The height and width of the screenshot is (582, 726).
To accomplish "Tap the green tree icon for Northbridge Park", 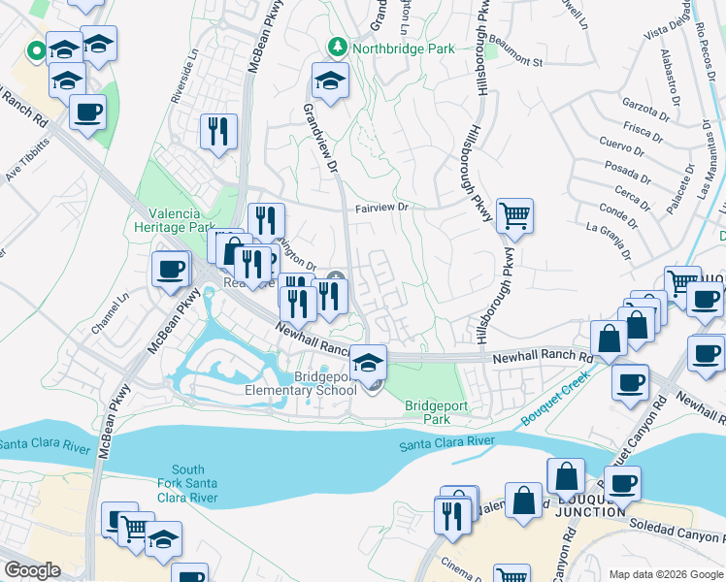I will [x=337, y=46].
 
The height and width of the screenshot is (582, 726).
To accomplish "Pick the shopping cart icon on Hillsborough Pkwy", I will [x=514, y=216].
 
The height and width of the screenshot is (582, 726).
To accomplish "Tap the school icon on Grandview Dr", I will [x=330, y=81].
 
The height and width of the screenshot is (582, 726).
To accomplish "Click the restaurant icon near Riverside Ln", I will [x=218, y=131].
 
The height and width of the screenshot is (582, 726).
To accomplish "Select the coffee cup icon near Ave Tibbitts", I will [x=87, y=113].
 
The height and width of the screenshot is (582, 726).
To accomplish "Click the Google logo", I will [x=32, y=570].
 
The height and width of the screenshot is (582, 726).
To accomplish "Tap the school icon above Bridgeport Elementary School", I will [x=368, y=363].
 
